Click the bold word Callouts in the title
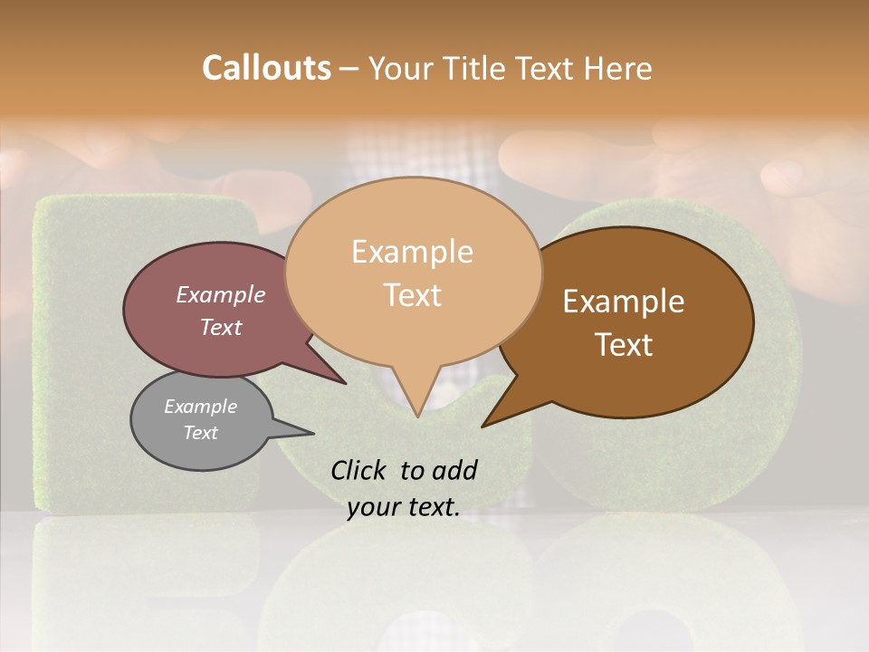coord(266,68)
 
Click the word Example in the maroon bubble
coord(220,294)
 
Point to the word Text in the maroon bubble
coord(220,327)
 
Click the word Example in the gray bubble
coord(200,407)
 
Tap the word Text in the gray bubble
coord(200,433)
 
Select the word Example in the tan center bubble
coord(412,252)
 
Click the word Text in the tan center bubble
coord(412,295)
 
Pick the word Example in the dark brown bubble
coord(624,302)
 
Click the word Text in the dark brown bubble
coord(624,345)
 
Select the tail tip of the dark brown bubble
coord(484,425)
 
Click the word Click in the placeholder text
coord(359,471)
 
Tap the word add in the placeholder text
coord(454,471)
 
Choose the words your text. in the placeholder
coord(403,507)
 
